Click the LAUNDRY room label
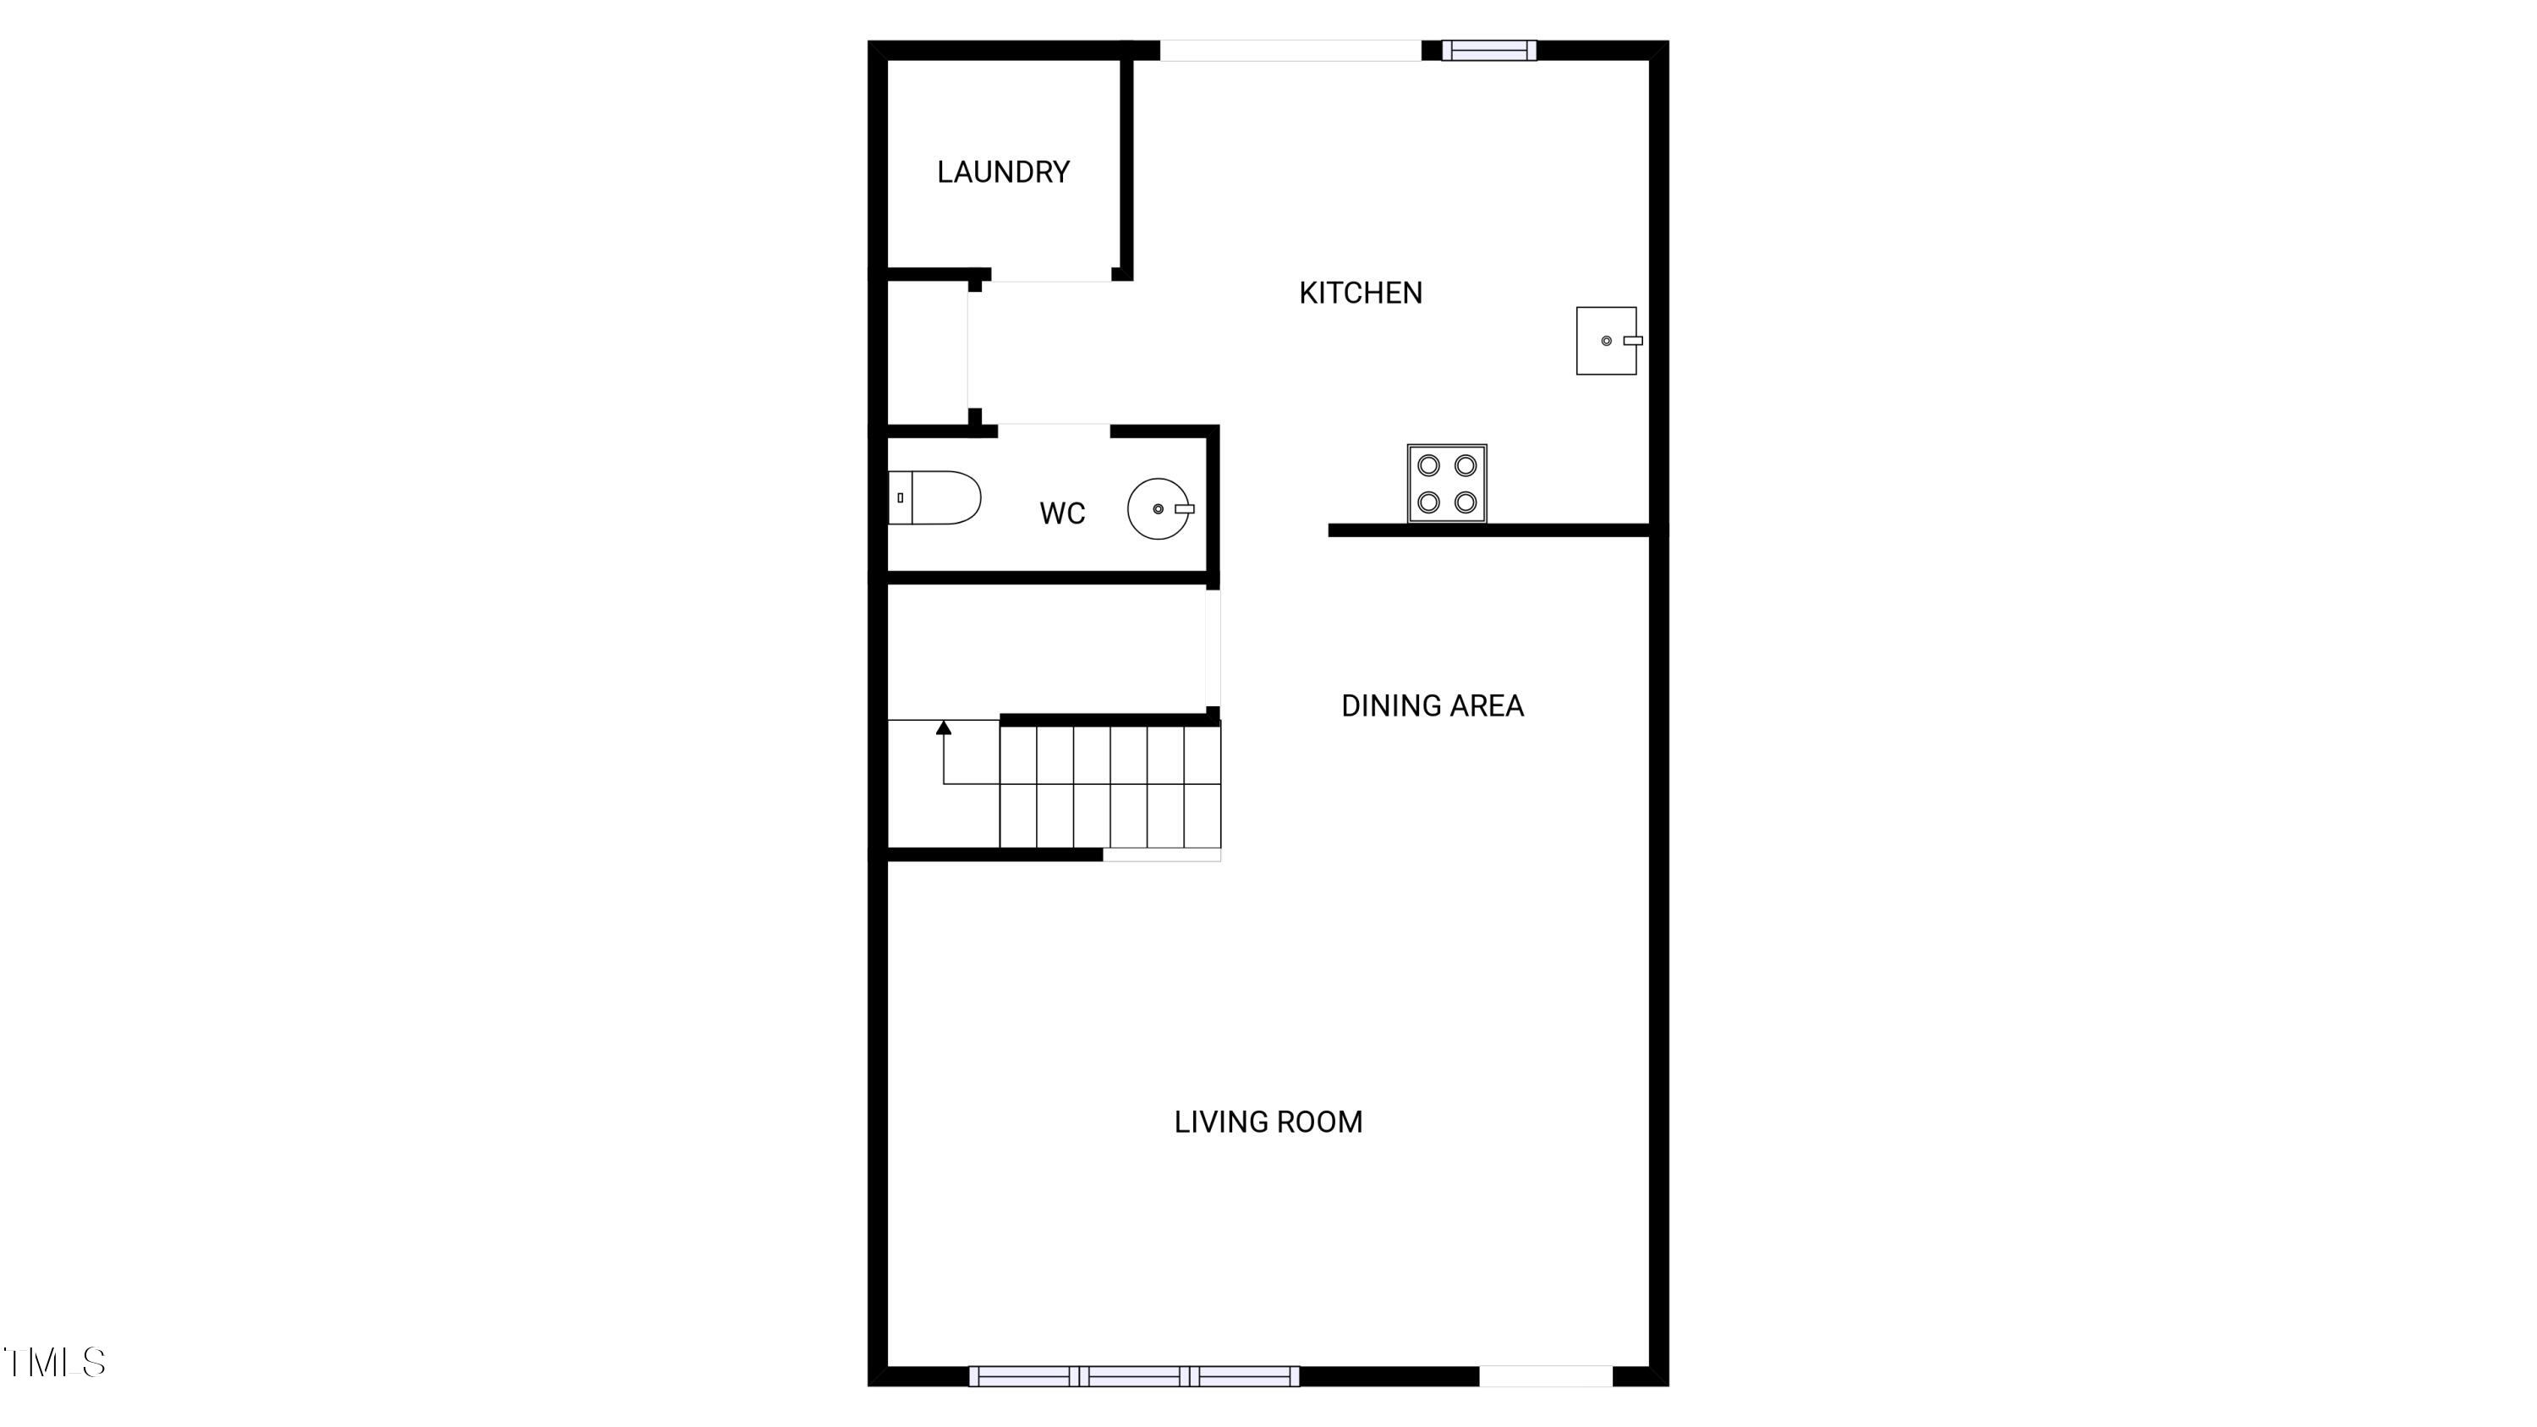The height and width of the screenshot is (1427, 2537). [1003, 173]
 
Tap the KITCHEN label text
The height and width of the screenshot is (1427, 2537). [1360, 293]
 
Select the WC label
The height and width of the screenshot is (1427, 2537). [1061, 513]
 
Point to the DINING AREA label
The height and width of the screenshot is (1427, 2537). [1432, 705]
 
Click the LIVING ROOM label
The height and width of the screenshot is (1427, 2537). [1268, 1122]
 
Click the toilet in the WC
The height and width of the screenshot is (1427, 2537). [934, 497]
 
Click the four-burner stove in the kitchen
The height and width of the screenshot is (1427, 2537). [1447, 484]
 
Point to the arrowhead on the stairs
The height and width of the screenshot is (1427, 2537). [944, 727]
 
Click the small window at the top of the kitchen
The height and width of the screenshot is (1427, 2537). [1489, 50]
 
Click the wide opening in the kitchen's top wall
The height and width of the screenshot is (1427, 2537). [1291, 50]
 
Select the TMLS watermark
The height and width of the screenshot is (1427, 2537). [54, 1362]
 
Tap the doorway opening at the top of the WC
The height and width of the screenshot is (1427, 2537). [1054, 431]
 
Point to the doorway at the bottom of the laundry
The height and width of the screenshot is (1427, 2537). [1052, 275]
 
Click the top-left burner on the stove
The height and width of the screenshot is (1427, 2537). [1428, 465]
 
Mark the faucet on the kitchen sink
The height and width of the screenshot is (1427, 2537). [1632, 341]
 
